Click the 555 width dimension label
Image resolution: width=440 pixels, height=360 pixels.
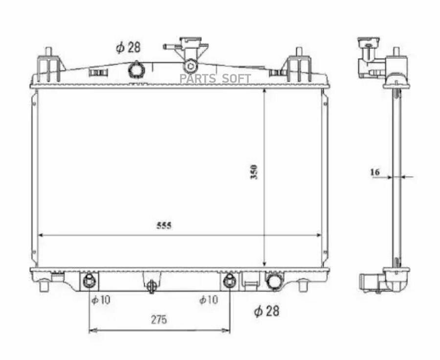click(164, 226)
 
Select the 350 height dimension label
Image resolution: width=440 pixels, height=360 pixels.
click(254, 172)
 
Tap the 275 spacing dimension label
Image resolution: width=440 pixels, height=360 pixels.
click(159, 319)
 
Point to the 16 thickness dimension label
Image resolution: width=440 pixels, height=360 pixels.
click(375, 172)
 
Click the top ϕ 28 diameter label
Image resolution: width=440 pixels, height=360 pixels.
click(128, 47)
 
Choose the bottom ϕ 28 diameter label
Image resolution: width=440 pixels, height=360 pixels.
click(266, 311)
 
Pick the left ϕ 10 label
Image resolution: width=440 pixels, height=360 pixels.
click(101, 300)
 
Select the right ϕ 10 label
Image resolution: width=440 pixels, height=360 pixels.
click(208, 300)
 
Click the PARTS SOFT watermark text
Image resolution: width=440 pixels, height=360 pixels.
click(215, 79)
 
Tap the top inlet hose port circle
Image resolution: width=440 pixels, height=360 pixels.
click(136, 69)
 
